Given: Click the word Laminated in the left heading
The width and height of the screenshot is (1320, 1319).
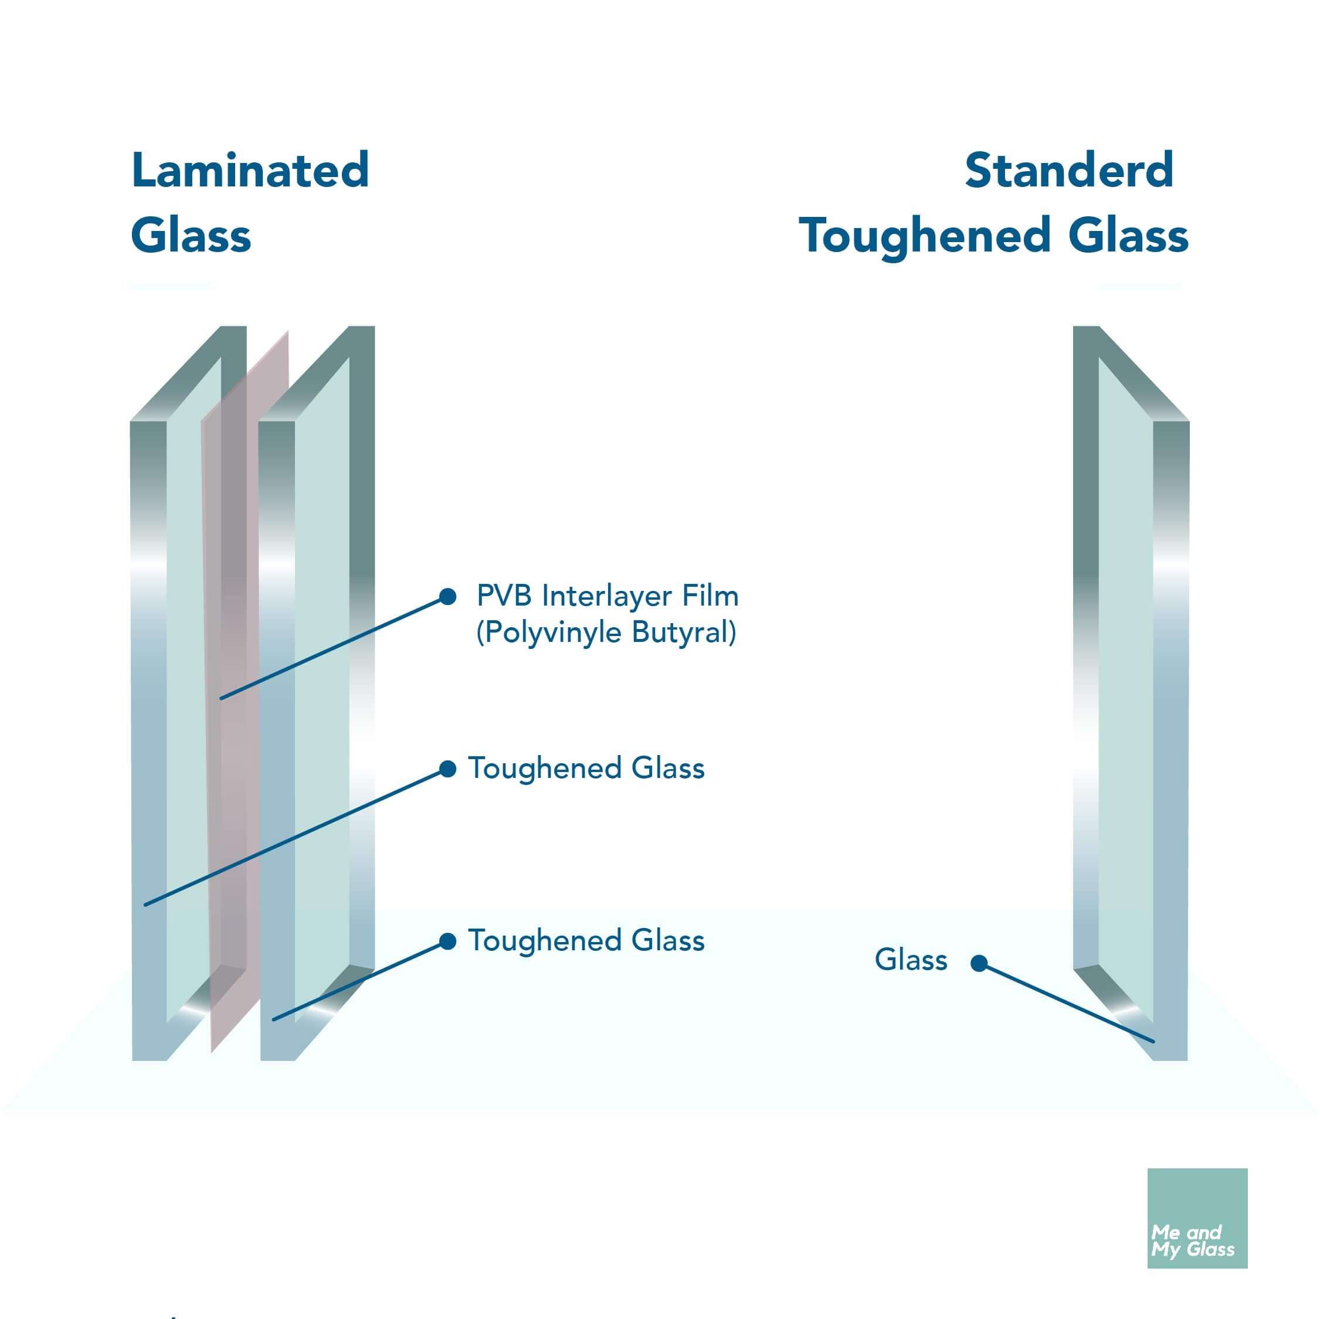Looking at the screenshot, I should tap(250, 170).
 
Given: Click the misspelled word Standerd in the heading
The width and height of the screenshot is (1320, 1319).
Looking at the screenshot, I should tap(1069, 170).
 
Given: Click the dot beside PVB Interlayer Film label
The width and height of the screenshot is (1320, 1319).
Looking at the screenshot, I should tap(447, 597).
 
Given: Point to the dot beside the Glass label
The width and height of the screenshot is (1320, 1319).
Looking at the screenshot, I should tap(979, 963).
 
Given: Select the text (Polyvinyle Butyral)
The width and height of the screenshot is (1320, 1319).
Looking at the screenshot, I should tap(606, 633).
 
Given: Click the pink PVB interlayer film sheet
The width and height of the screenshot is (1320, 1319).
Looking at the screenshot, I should tap(236, 683).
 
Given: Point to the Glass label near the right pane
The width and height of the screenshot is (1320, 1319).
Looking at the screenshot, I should tap(911, 960).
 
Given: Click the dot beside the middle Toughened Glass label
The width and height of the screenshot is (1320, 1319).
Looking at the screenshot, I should tap(447, 769).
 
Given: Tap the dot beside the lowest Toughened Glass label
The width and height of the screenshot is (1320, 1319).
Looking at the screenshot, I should tap(447, 942).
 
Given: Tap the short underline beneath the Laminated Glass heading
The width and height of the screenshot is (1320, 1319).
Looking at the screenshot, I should tap(169, 287).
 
